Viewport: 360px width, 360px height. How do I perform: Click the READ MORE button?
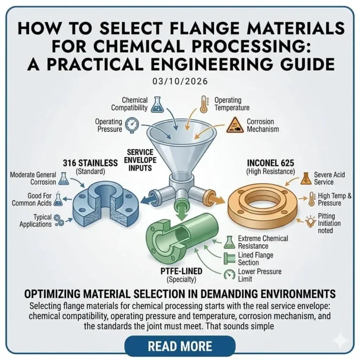pyautogui.click(x=180, y=346)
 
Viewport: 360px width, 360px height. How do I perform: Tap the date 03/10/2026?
pyautogui.click(x=180, y=81)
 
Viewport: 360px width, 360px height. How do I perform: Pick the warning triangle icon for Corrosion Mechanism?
pyautogui.click(x=233, y=124)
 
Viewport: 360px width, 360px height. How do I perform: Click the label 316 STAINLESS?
pyautogui.click(x=90, y=163)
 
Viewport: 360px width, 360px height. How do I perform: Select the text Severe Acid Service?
pyautogui.click(x=330, y=179)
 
